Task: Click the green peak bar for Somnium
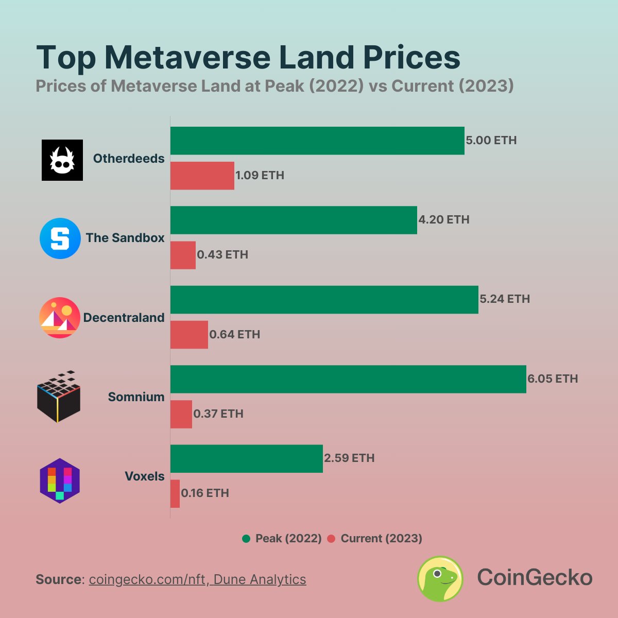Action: click(x=348, y=379)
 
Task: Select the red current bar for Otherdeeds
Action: click(x=202, y=176)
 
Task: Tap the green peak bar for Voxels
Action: click(x=247, y=458)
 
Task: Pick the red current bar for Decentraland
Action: click(x=189, y=335)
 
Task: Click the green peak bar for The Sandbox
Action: click(x=294, y=220)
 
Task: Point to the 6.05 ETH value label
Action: click(x=552, y=379)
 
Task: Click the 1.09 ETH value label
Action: click(x=260, y=176)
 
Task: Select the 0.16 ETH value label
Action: click(x=205, y=493)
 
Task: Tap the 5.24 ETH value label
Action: click(x=504, y=299)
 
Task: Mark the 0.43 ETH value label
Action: click(x=222, y=255)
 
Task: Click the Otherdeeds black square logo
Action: click(x=62, y=160)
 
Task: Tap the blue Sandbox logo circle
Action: click(x=60, y=238)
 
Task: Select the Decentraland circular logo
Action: click(x=60, y=318)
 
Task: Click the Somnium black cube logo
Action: click(x=59, y=397)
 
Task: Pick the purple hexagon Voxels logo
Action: click(x=60, y=480)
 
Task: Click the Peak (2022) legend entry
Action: click(x=282, y=539)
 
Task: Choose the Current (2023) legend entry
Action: click(x=375, y=539)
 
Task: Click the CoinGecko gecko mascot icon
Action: click(x=440, y=578)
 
